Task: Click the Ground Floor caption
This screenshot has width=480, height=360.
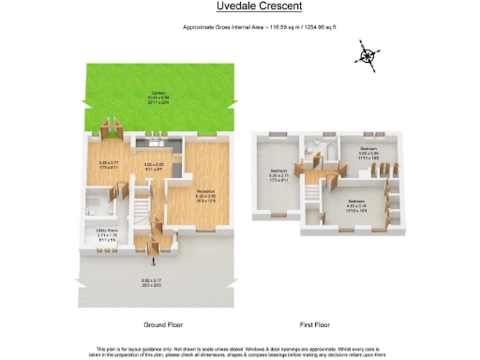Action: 149,324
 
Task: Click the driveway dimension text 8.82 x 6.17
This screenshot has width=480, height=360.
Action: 150,281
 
